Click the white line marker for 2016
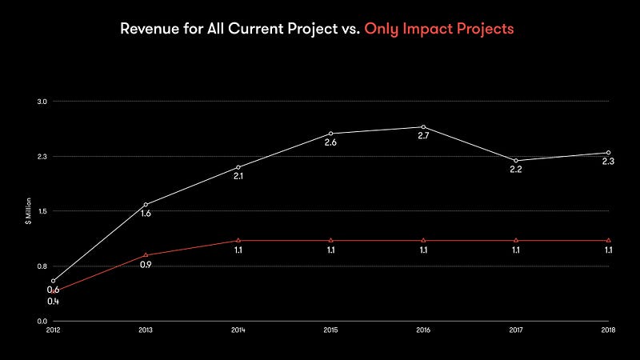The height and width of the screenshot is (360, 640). point(423,127)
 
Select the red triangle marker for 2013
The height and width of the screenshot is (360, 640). point(146,255)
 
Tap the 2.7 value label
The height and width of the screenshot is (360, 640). point(423,137)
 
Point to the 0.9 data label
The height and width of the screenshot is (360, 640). point(146,265)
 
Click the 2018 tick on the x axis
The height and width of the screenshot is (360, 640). point(608,329)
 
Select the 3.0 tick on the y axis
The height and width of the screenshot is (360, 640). point(42,102)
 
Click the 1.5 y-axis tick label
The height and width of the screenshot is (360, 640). point(42,211)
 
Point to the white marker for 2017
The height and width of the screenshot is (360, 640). point(516,161)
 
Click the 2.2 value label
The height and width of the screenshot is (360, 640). point(516,170)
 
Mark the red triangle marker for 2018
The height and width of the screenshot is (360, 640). point(608,240)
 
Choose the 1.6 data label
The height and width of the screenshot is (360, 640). point(146,214)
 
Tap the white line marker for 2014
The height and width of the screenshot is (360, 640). point(238,167)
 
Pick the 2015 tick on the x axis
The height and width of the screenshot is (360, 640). point(330,329)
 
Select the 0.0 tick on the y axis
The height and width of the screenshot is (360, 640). point(42,321)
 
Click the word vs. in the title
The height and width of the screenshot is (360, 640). point(345,29)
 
